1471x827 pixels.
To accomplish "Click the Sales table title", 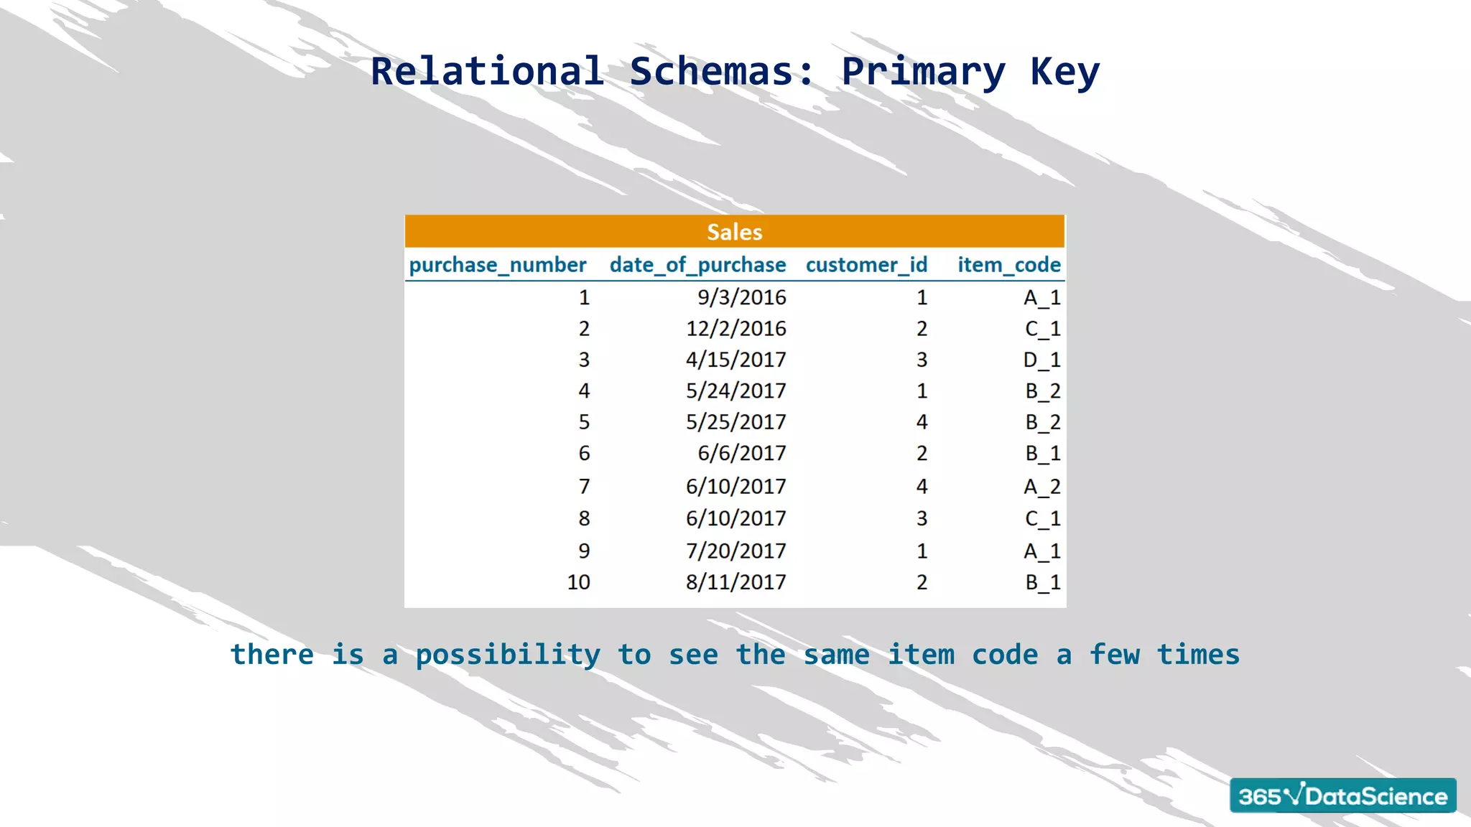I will [734, 232].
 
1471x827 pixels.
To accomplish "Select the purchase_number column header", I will [498, 265].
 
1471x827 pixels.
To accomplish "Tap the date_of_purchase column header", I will [697, 265].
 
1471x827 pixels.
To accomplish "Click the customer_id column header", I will [866, 265].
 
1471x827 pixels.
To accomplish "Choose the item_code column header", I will [1008, 265].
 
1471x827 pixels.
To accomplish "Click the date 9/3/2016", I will [741, 297].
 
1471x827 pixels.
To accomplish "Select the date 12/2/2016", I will [735, 329].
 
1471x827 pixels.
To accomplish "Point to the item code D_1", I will [1041, 360].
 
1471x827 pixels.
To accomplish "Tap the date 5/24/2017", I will [735, 391].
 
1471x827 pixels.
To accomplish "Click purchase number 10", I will [578, 582].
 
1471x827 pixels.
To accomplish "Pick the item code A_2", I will [1041, 487].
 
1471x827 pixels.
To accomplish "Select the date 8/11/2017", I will [735, 582].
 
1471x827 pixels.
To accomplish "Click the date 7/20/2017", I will [735, 551].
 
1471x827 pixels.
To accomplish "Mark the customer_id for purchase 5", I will [922, 422].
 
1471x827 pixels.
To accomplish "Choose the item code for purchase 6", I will [1042, 454].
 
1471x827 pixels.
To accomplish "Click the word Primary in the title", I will [923, 72].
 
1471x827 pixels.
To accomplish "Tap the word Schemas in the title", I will [722, 72].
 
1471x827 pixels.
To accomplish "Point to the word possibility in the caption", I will [508, 655].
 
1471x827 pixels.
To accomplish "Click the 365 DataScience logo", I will [1342, 795].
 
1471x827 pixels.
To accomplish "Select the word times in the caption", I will [1198, 655].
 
